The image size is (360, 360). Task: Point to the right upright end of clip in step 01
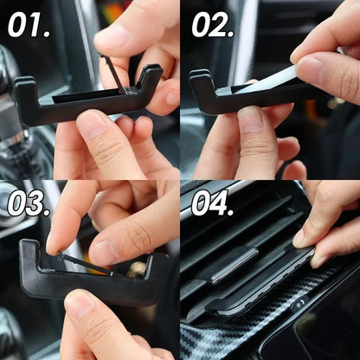(153, 80)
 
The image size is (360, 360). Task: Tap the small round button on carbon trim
(299, 305)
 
